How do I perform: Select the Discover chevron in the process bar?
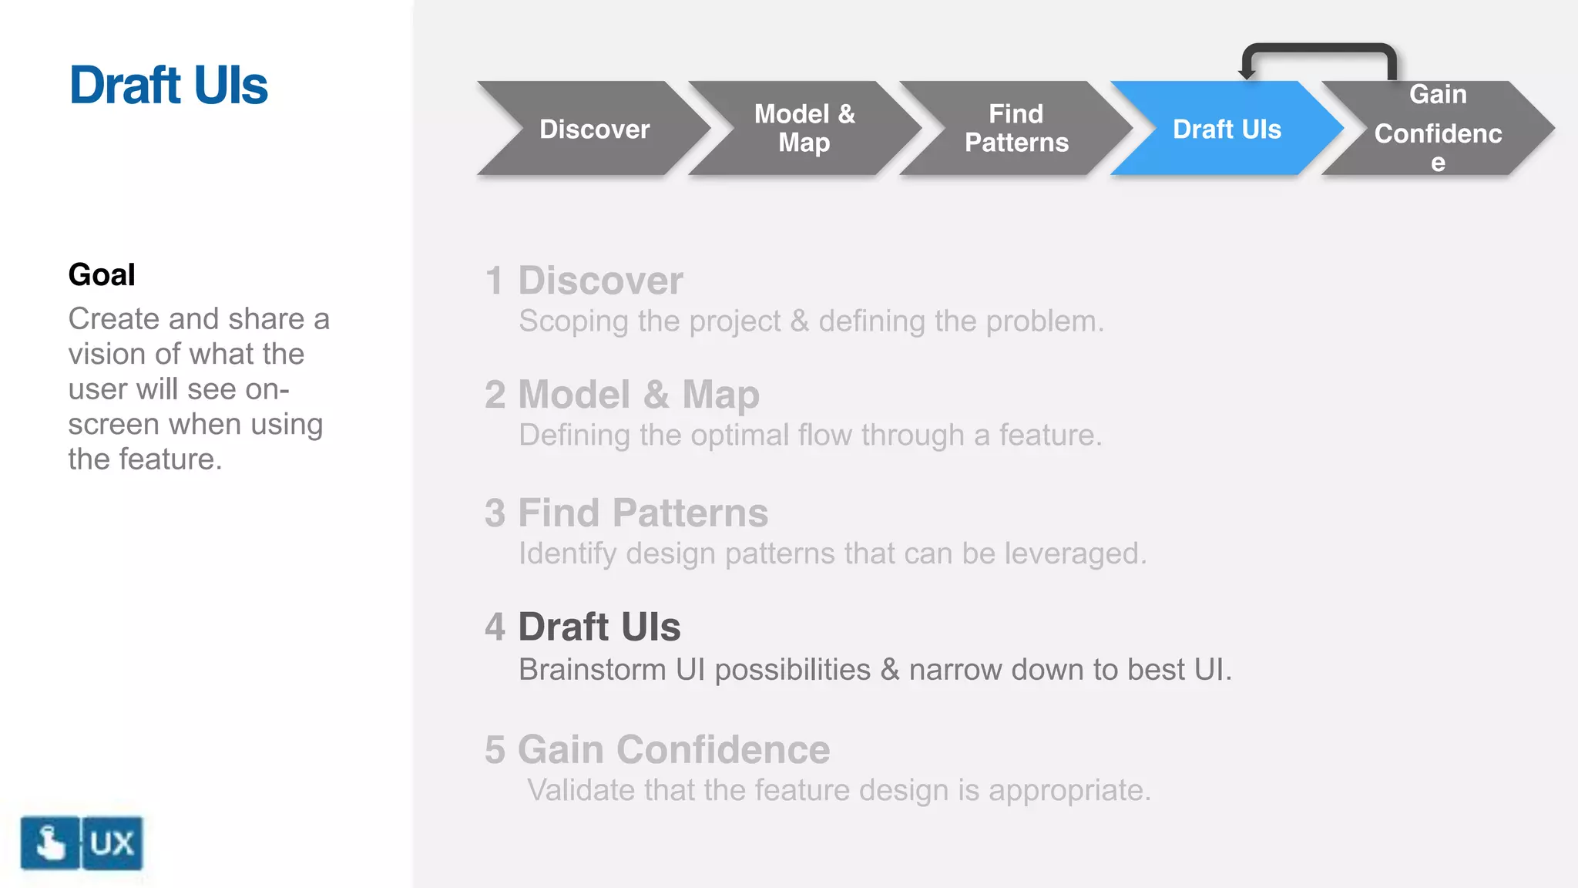tap(593, 129)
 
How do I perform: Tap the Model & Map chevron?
tap(804, 129)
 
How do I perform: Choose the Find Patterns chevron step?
tap(1016, 129)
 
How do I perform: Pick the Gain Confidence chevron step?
tap(1438, 129)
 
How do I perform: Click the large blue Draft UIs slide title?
tap(169, 85)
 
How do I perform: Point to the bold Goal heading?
tap(102, 274)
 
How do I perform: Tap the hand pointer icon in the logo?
tap(50, 843)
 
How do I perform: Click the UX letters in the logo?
tap(112, 843)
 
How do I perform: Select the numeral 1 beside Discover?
tap(494, 281)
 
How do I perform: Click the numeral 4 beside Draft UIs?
tap(495, 627)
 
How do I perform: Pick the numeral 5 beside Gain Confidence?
tap(495, 749)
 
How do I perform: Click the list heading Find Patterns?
tap(643, 513)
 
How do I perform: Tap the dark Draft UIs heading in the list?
tap(599, 627)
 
